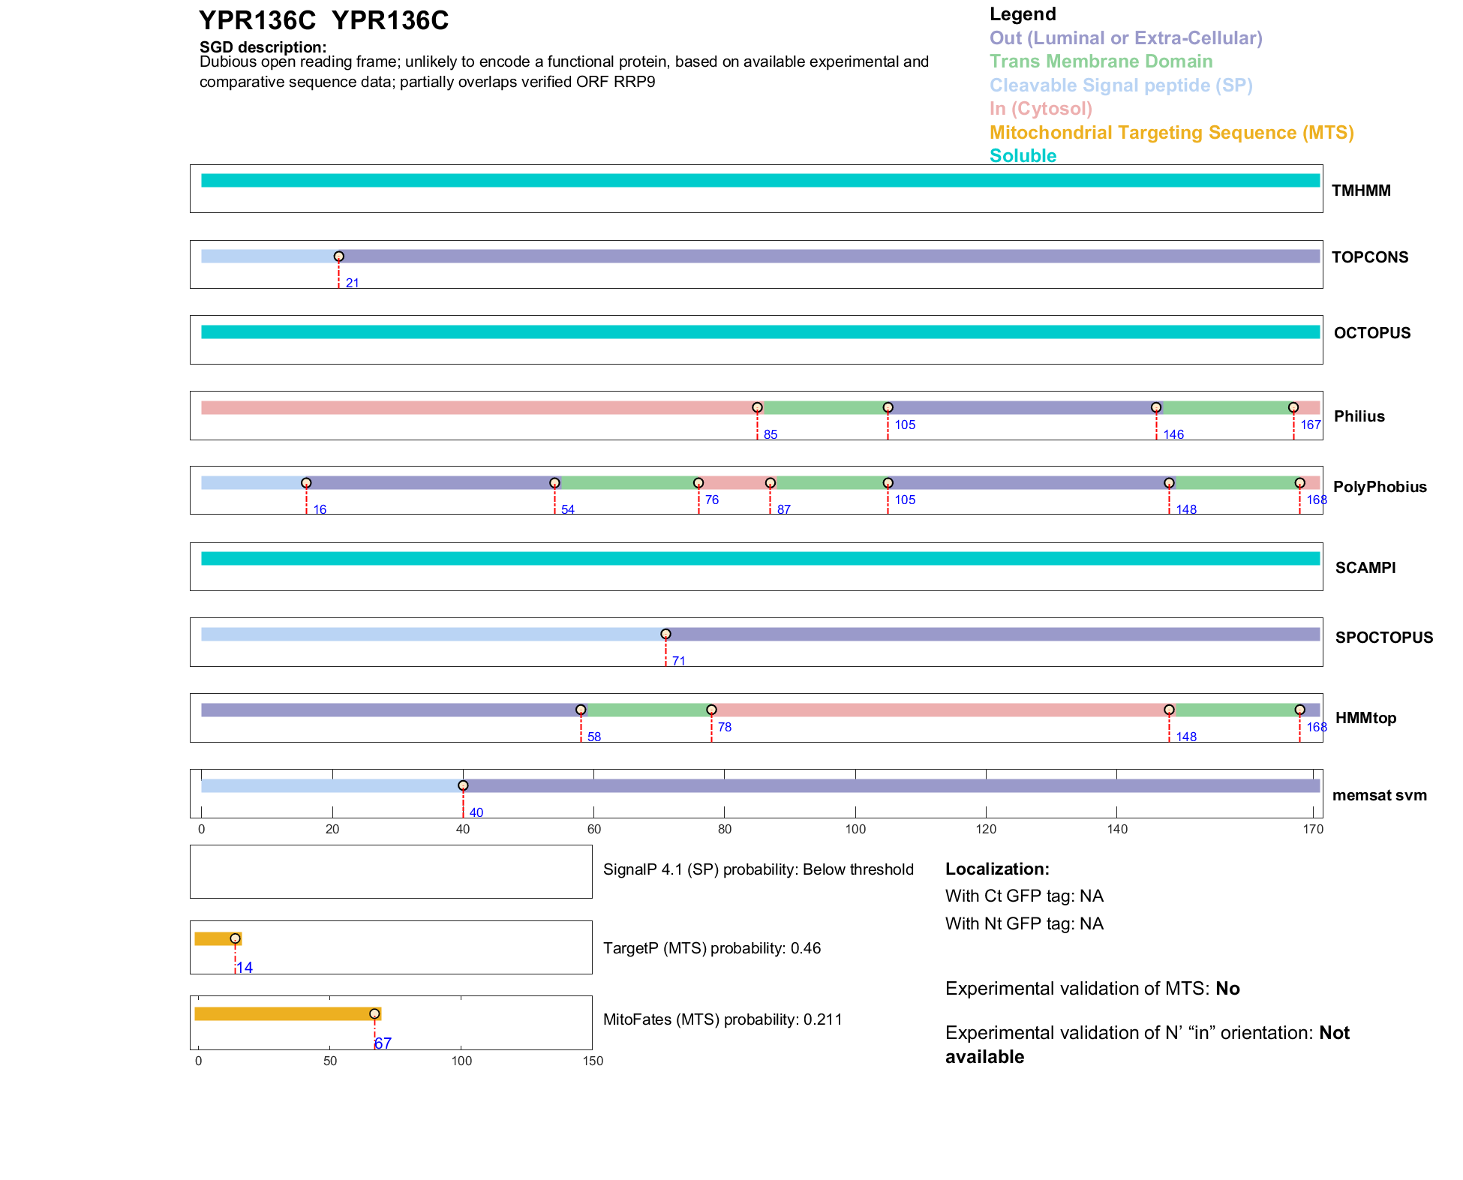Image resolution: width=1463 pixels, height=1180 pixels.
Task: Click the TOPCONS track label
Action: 1369,257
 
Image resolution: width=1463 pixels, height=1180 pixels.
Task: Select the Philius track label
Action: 1359,416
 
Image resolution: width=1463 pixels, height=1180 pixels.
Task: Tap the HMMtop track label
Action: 1365,718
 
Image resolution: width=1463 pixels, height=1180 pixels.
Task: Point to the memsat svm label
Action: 1379,795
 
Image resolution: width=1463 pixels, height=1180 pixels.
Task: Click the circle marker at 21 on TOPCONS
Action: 339,257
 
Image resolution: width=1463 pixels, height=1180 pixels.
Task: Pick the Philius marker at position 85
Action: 757,407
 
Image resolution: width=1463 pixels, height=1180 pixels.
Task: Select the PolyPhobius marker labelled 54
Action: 554,483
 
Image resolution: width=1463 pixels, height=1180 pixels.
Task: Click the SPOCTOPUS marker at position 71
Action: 665,634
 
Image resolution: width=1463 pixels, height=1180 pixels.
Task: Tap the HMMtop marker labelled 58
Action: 581,710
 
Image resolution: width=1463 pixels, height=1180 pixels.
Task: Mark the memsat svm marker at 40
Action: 463,785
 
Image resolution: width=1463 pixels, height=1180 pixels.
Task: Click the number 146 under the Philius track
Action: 1173,434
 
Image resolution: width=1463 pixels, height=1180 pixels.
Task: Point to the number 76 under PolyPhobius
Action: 712,500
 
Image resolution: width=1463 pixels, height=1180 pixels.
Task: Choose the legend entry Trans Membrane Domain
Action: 1101,62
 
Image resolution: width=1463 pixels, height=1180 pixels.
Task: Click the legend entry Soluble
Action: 1023,156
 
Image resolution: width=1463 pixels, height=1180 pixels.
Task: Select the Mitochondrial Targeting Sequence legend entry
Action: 1171,133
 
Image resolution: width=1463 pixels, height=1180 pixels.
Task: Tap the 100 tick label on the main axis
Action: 855,829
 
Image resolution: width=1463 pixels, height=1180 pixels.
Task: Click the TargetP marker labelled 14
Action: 235,938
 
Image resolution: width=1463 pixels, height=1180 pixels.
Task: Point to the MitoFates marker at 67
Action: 374,1013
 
